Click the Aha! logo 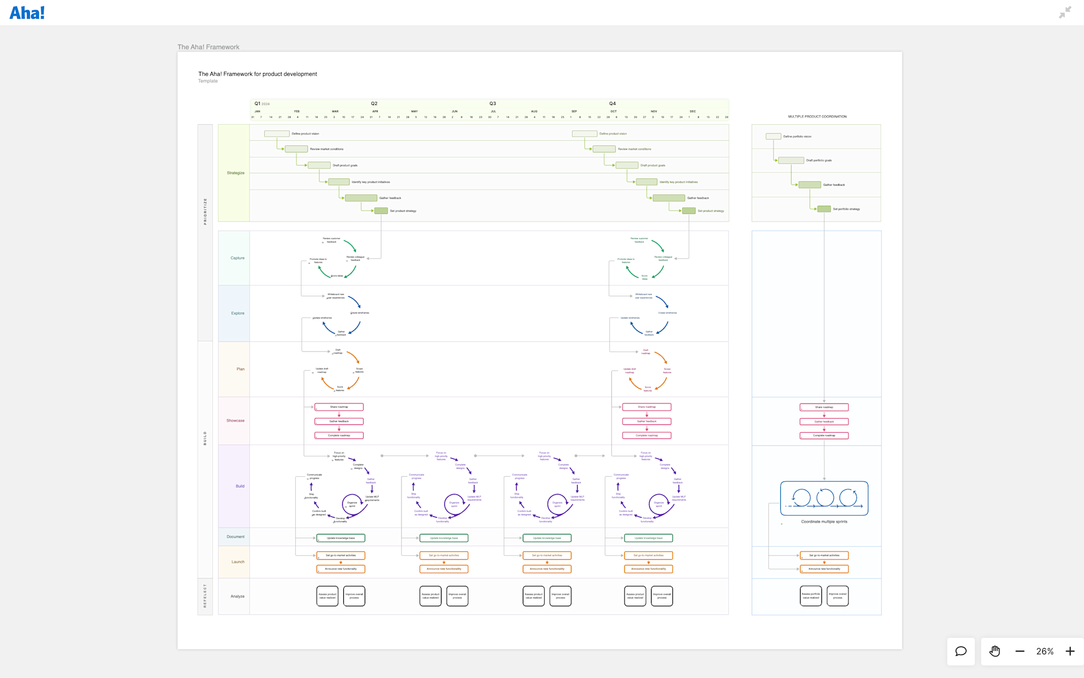27,12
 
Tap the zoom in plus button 1070,651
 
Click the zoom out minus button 1020,651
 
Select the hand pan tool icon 995,651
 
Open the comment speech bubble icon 961,651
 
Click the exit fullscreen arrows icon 1065,12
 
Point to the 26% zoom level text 1044,651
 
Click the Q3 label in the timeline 492,103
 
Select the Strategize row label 235,173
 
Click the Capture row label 237,258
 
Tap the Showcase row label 235,420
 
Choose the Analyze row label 237,596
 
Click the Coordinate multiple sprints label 824,521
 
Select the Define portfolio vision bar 773,136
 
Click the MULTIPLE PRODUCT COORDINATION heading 817,116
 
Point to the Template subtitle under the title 208,81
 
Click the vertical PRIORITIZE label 205,211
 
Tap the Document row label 235,537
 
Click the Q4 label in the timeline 612,103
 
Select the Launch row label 238,562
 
